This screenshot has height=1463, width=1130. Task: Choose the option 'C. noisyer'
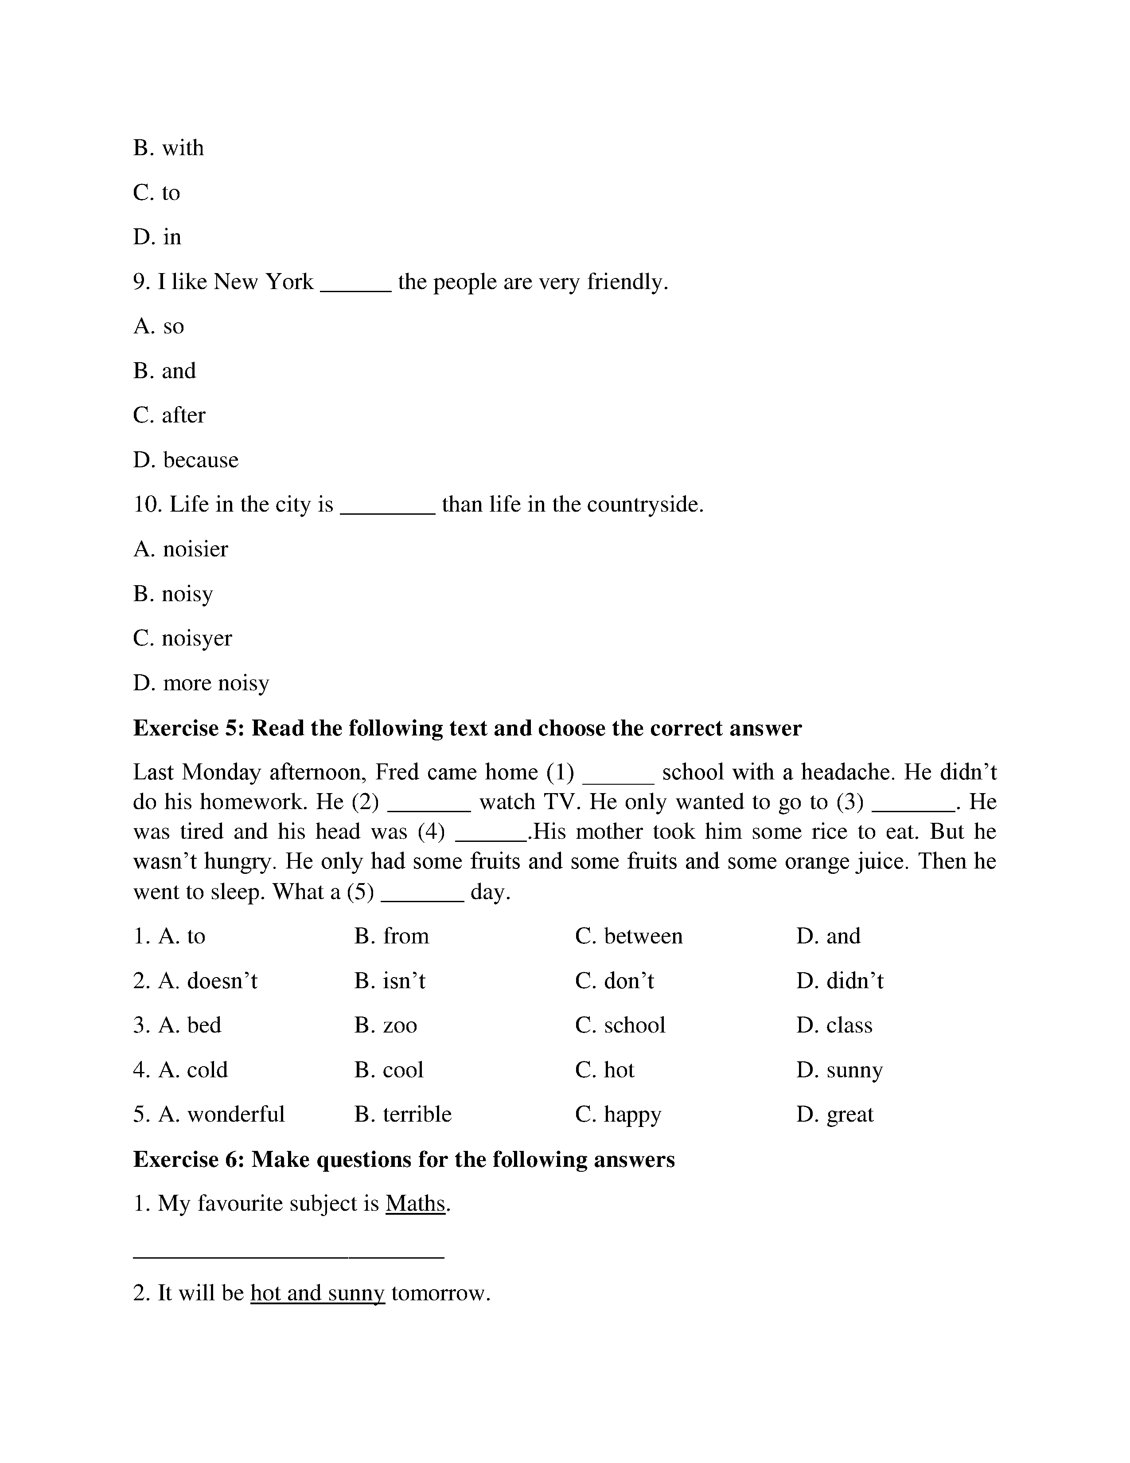click(x=182, y=638)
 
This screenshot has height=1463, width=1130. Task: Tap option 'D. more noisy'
click(x=201, y=683)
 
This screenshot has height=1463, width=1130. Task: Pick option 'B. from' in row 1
click(x=392, y=936)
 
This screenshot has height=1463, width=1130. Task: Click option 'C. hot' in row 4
click(x=604, y=1070)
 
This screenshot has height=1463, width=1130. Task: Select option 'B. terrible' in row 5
click(x=403, y=1115)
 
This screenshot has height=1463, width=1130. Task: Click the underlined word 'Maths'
click(x=415, y=1204)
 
